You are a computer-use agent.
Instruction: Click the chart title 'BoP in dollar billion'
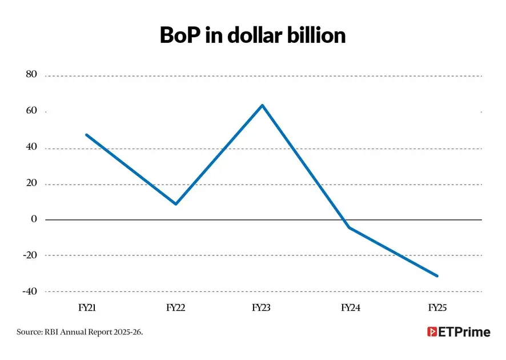pyautogui.click(x=252, y=35)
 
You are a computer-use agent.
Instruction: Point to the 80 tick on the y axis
pyautogui.click(x=31, y=74)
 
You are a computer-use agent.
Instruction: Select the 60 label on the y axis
pyautogui.click(x=31, y=110)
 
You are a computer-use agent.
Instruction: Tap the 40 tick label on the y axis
pyautogui.click(x=31, y=147)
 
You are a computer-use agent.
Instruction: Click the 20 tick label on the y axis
pyautogui.click(x=31, y=183)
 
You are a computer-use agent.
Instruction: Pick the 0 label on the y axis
pyautogui.click(x=34, y=219)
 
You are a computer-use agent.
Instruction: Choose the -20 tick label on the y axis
pyautogui.click(x=30, y=255)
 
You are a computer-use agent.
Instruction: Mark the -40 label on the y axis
pyautogui.click(x=30, y=291)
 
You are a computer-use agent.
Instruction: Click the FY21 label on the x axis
pyautogui.click(x=87, y=307)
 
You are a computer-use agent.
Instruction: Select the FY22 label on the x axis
pyautogui.click(x=175, y=307)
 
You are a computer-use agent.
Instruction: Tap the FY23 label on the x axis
pyautogui.click(x=261, y=307)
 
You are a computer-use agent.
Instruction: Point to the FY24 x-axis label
pyautogui.click(x=351, y=307)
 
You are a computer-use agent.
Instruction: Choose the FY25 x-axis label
pyautogui.click(x=437, y=307)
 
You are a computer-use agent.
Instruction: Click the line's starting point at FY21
pyautogui.click(x=86, y=135)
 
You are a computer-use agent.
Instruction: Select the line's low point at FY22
pyautogui.click(x=176, y=204)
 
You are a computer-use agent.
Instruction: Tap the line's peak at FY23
pyautogui.click(x=262, y=105)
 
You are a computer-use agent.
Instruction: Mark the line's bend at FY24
pyautogui.click(x=350, y=227)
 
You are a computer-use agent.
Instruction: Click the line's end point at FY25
pyautogui.click(x=437, y=276)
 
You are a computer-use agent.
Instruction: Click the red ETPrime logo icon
pyautogui.click(x=432, y=331)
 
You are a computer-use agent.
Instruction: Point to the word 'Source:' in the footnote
pyautogui.click(x=29, y=332)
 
